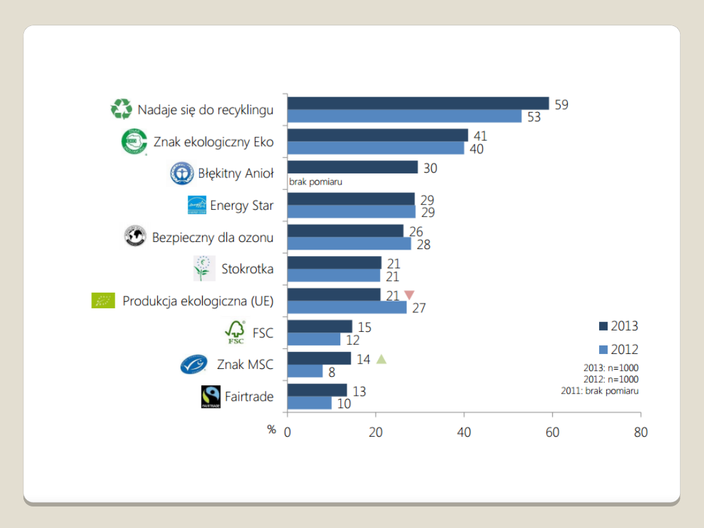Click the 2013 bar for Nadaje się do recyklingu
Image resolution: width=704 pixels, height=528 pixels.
tap(418, 104)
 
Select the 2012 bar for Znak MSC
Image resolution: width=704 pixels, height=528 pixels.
tap(305, 371)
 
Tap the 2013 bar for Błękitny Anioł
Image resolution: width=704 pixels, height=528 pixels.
tap(352, 168)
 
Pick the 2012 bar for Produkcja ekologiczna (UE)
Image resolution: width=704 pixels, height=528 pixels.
tap(347, 307)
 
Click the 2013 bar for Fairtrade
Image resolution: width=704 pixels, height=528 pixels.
tap(317, 390)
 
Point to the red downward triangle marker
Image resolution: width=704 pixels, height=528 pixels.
tap(409, 295)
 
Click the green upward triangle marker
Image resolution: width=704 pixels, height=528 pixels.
tap(381, 359)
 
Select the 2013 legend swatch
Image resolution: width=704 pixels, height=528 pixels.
tap(603, 326)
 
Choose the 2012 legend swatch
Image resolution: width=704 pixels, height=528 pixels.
tap(603, 349)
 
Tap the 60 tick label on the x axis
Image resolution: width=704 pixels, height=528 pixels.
tap(552, 432)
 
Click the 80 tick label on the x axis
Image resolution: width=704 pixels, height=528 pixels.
tap(640, 432)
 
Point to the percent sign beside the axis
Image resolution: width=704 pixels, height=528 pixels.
tap(272, 430)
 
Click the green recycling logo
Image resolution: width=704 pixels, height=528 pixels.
tap(121, 110)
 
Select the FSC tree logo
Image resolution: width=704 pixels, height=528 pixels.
tap(235, 332)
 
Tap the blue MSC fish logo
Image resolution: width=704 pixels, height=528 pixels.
tap(194, 365)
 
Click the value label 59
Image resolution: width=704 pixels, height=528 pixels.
tap(561, 104)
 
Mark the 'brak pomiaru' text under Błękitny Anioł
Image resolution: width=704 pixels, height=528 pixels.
tap(315, 182)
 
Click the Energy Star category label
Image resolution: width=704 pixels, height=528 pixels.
tap(242, 205)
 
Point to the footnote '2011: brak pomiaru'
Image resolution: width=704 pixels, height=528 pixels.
tap(599, 391)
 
